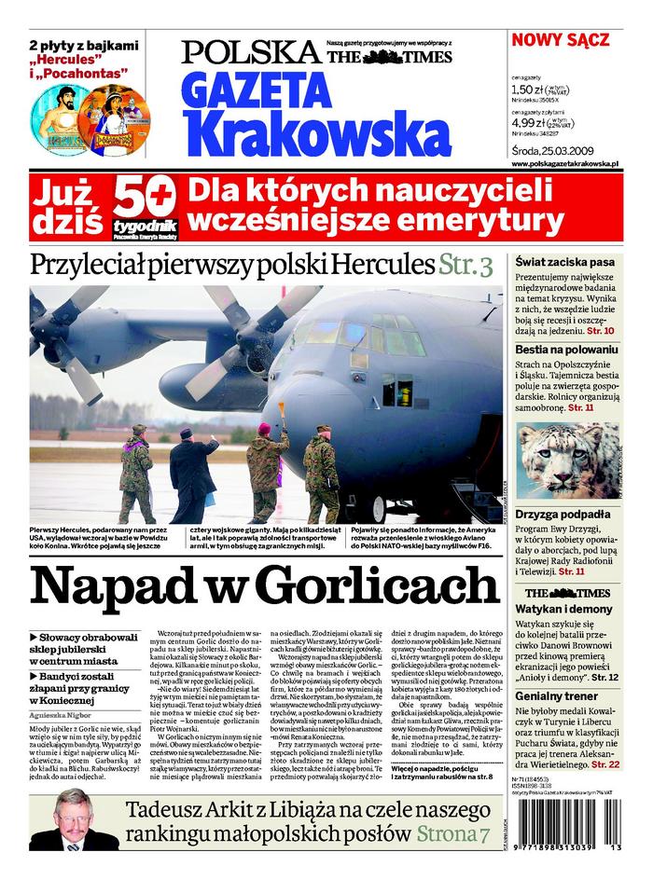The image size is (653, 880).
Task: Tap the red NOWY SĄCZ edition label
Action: [560, 40]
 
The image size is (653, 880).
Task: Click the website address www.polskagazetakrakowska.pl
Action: [578, 163]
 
